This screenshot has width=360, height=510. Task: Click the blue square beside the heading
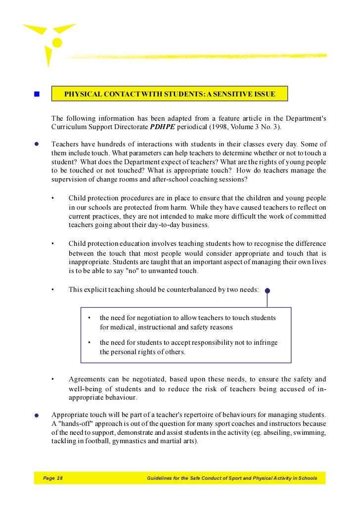coord(37,94)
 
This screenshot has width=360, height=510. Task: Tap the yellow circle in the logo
coord(57,43)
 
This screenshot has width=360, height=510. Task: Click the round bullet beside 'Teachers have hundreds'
coord(37,144)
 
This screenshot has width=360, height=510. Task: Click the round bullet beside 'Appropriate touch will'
coord(37,416)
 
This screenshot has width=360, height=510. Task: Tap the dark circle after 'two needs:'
coord(267,291)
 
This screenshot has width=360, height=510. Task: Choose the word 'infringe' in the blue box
coord(264,342)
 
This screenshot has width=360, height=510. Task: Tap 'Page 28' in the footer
coord(53,478)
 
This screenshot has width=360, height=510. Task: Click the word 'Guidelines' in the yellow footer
coord(161,478)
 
